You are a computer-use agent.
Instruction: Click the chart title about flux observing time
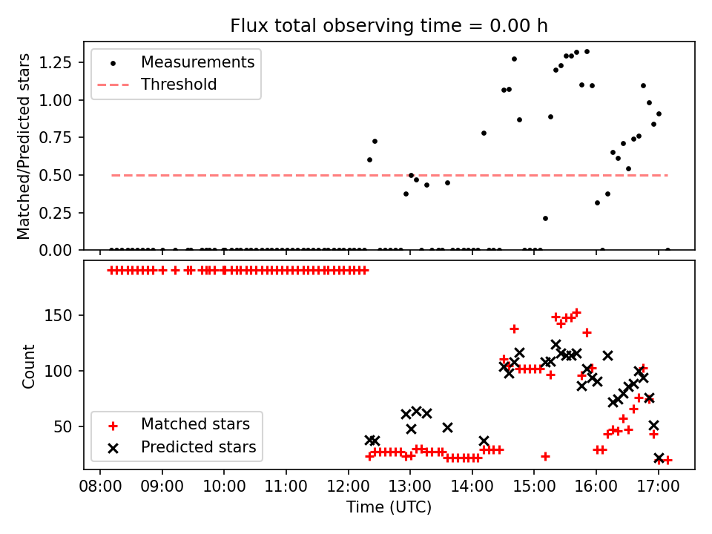click(389, 26)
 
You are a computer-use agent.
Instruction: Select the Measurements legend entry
click(197, 62)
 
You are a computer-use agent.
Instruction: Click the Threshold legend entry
click(179, 85)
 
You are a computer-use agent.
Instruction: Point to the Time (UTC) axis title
click(389, 507)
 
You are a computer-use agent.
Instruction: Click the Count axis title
click(29, 366)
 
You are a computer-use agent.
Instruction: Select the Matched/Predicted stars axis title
click(24, 146)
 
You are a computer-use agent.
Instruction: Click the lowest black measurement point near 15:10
click(545, 218)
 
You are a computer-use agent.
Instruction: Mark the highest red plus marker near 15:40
click(576, 313)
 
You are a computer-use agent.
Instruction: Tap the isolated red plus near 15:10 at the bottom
click(545, 456)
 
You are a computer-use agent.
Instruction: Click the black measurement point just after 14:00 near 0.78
click(484, 133)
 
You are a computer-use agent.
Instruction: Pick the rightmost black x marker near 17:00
click(659, 458)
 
